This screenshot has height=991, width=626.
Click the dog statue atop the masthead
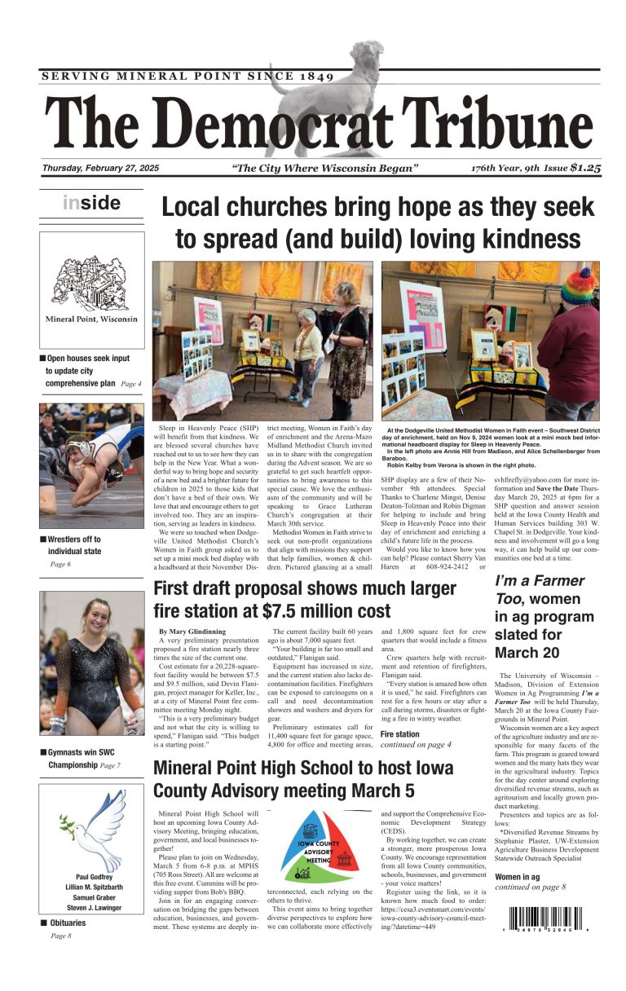pyautogui.click(x=326, y=90)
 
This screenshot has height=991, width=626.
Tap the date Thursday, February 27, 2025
pyautogui.click(x=101, y=169)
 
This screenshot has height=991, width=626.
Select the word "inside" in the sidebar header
pyautogui.click(x=91, y=203)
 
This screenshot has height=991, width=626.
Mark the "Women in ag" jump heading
pyautogui.click(x=518, y=877)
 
